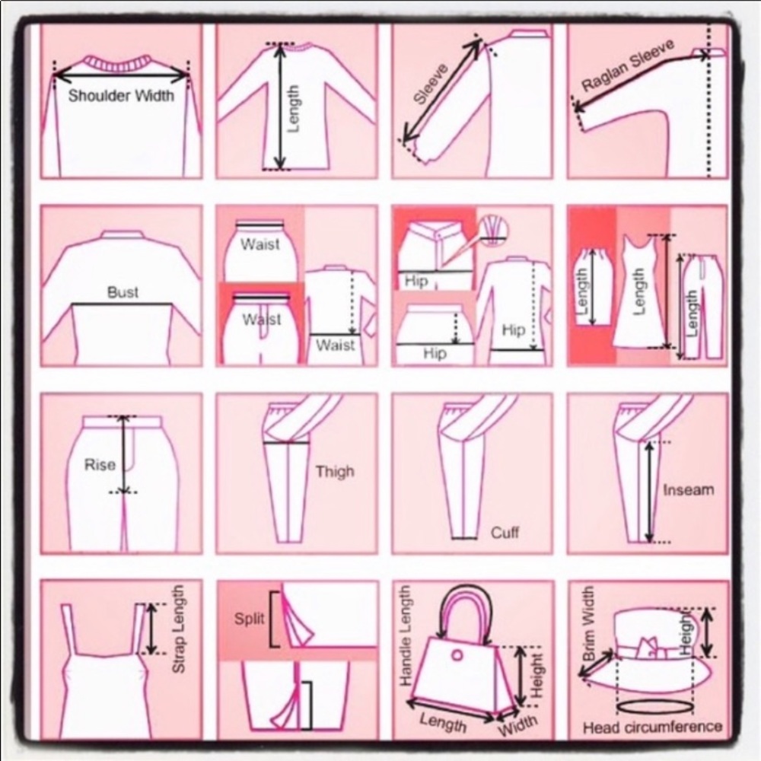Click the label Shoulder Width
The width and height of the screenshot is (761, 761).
pyautogui.click(x=121, y=96)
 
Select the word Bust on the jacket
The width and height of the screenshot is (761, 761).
pyautogui.click(x=123, y=292)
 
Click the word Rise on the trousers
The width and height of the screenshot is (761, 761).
pyautogui.click(x=100, y=465)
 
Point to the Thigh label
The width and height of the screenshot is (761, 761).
pyautogui.click(x=335, y=472)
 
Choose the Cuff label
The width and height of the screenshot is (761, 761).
pyautogui.click(x=505, y=532)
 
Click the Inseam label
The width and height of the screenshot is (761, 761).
pyautogui.click(x=688, y=489)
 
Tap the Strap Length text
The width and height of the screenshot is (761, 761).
pyautogui.click(x=179, y=629)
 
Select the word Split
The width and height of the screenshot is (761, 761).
pyautogui.click(x=249, y=618)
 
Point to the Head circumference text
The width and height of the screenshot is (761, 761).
pyautogui.click(x=652, y=726)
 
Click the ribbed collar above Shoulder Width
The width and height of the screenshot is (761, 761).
pyautogui.click(x=120, y=62)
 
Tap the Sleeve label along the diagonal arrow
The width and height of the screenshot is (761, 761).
pyautogui.click(x=431, y=84)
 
